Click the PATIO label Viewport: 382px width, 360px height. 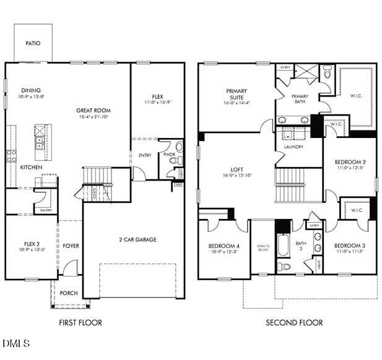(x=33, y=43)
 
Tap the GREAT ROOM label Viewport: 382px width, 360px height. (x=93, y=111)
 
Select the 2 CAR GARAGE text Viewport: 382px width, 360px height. (x=137, y=239)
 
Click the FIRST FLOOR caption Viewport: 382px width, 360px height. (x=80, y=322)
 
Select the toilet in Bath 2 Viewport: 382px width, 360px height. (x=284, y=267)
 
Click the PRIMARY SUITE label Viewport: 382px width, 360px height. (x=236, y=95)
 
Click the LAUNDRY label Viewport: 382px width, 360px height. (x=293, y=147)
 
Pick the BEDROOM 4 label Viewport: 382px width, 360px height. (x=224, y=246)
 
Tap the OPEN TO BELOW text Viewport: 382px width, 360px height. (x=263, y=247)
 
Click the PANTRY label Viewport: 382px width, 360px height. (x=46, y=210)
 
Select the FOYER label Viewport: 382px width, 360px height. (x=71, y=246)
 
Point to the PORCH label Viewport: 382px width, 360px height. (x=69, y=293)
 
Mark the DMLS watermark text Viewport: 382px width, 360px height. (x=15, y=342)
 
